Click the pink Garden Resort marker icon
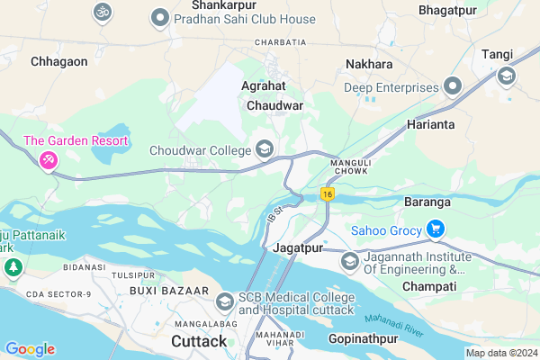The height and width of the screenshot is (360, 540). pos(48,160)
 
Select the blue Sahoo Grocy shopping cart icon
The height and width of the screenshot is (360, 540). pos(437,229)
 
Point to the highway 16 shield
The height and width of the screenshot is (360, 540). pos(328,194)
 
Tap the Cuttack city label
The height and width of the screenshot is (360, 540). pos(199,342)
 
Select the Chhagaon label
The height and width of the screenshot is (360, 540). pos(58,61)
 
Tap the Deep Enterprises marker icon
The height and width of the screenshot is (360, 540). pos(453,87)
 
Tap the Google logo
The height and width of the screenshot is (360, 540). pos(29,349)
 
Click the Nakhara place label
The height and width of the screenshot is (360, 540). pos(369,65)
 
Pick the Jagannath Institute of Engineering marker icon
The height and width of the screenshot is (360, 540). pos(349,262)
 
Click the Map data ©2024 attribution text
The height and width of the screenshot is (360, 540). pos(500,353)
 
